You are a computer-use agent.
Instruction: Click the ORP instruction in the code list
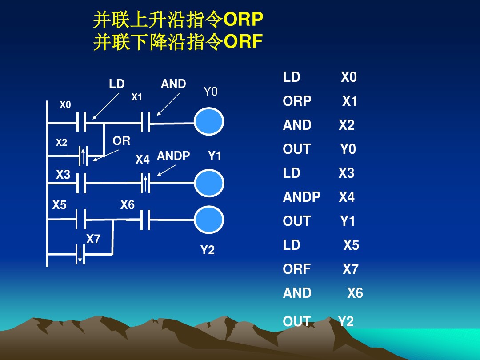[x=297, y=101]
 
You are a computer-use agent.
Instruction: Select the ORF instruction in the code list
[x=296, y=269]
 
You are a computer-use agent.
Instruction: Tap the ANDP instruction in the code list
[x=301, y=197]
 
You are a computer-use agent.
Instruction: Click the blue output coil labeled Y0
[x=209, y=121]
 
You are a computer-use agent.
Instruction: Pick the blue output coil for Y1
[x=209, y=183]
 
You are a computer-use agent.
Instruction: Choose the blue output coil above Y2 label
[x=209, y=220]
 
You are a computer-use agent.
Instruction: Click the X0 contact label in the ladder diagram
[x=65, y=105]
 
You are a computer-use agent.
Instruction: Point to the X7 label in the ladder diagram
[x=93, y=240]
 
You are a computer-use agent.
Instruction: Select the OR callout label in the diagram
[x=121, y=141]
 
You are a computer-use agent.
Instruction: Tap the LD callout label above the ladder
[x=117, y=84]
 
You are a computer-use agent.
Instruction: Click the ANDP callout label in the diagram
[x=173, y=156]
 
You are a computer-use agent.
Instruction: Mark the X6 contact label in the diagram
[x=127, y=205]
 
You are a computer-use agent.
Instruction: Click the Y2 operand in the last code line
[x=346, y=321]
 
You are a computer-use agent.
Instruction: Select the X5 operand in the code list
[x=351, y=245]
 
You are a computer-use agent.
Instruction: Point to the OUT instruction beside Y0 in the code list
[x=296, y=149]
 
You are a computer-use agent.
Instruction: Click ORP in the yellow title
[x=243, y=20]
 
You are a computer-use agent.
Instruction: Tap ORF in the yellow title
[x=243, y=42]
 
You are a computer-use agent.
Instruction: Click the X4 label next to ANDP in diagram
[x=142, y=160]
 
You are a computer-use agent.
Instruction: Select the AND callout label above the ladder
[x=173, y=84]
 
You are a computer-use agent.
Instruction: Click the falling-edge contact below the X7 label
[x=80, y=255]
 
